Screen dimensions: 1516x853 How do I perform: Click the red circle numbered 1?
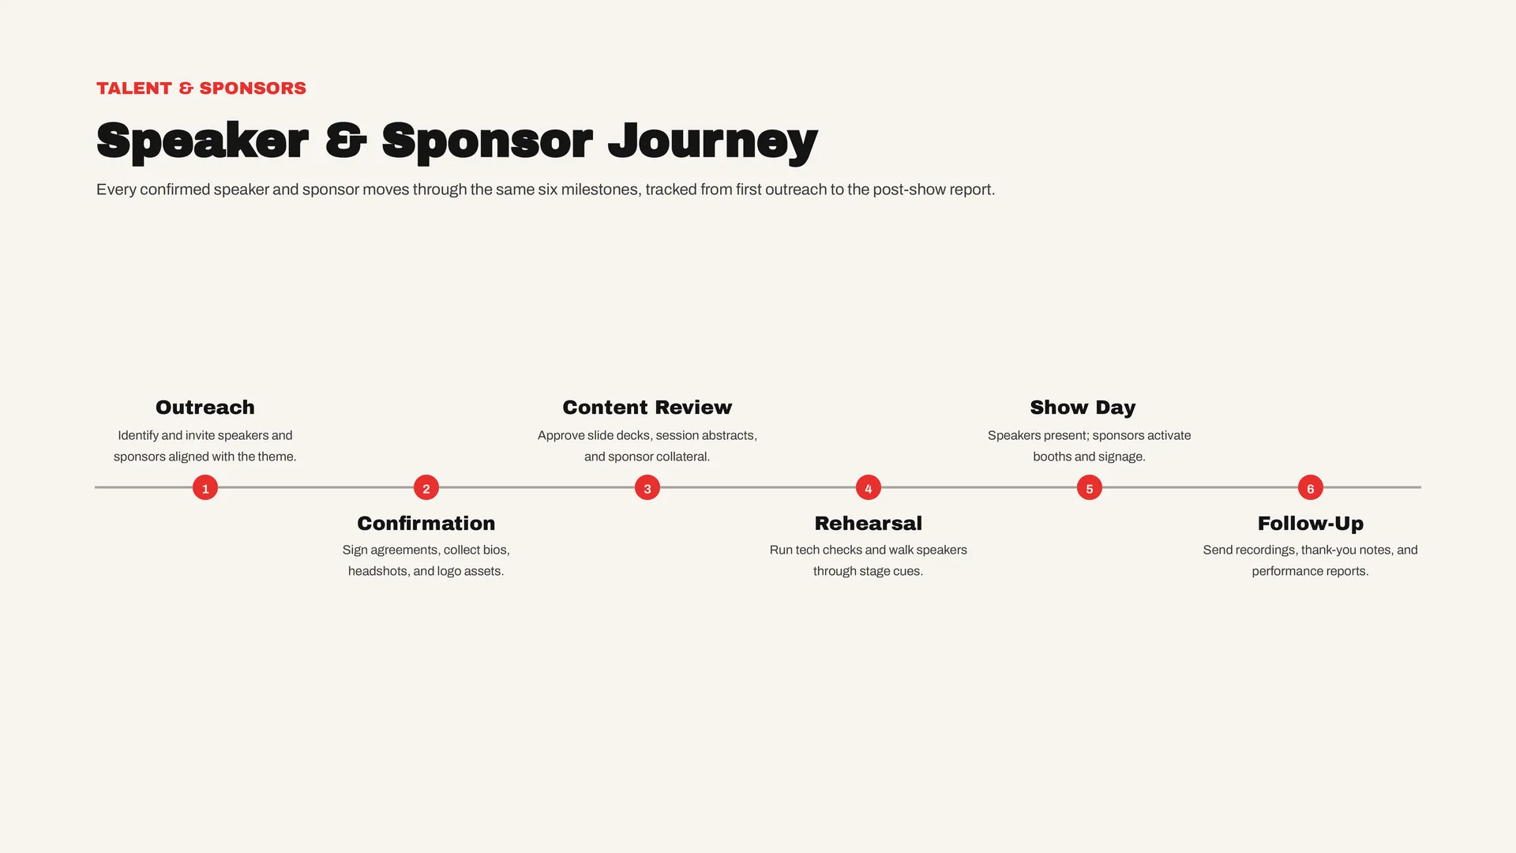pyautogui.click(x=205, y=487)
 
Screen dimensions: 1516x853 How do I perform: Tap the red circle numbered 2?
pyautogui.click(x=426, y=487)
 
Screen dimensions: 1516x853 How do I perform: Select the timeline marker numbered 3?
pyautogui.click(x=647, y=487)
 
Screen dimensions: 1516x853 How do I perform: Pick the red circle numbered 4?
pyautogui.click(x=869, y=487)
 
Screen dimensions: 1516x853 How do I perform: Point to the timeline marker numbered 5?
pyautogui.click(x=1090, y=487)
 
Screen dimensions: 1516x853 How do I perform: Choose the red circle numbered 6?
pyautogui.click(x=1311, y=487)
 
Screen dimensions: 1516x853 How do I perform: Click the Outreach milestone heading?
pyautogui.click(x=205, y=408)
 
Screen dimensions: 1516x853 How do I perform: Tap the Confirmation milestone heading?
pyautogui.click(x=426, y=524)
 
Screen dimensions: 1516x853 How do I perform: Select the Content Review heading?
pyautogui.click(x=647, y=408)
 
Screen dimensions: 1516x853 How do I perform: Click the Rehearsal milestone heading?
pyautogui.click(x=869, y=524)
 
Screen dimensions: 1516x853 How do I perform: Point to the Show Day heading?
pyautogui.click(x=1083, y=408)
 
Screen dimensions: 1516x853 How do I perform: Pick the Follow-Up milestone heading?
pyautogui.click(x=1311, y=524)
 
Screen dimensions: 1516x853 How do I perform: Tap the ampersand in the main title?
pyautogui.click(x=345, y=141)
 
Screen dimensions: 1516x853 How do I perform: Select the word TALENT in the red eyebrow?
pyautogui.click(x=134, y=88)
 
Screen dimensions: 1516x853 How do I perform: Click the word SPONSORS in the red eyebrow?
pyautogui.click(x=253, y=88)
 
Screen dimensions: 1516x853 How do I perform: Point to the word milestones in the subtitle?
pyautogui.click(x=599, y=190)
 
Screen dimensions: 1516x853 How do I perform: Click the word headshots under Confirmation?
pyautogui.click(x=378, y=571)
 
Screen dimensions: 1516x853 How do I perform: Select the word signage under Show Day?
pyautogui.click(x=1119, y=457)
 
